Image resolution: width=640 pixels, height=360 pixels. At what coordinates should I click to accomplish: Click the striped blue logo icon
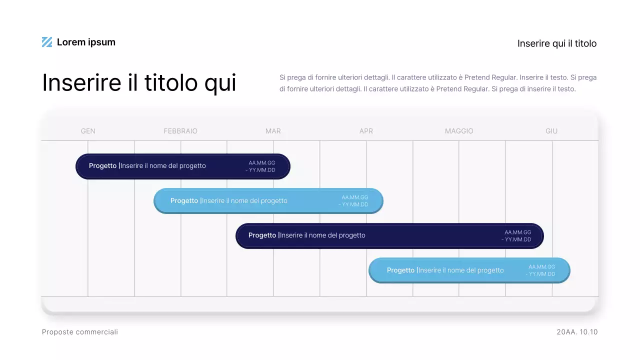pyautogui.click(x=47, y=42)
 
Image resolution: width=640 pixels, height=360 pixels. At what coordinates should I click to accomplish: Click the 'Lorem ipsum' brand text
pyautogui.click(x=86, y=42)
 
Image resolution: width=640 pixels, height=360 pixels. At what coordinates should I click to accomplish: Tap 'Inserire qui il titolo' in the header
pyautogui.click(x=556, y=43)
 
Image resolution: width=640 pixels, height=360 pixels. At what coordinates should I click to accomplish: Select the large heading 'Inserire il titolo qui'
pyautogui.click(x=139, y=82)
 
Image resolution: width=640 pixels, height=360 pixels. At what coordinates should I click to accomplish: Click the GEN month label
pyautogui.click(x=88, y=131)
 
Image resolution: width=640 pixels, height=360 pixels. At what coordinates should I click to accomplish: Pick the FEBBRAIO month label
pyautogui.click(x=180, y=131)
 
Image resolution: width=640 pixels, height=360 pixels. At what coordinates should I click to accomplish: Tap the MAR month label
pyautogui.click(x=273, y=131)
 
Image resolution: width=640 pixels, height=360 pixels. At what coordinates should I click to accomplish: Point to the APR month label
pyautogui.click(x=366, y=131)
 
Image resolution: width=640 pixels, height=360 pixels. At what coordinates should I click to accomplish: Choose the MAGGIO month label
pyautogui.click(x=459, y=131)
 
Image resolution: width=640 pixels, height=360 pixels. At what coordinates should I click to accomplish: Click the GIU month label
pyautogui.click(x=551, y=131)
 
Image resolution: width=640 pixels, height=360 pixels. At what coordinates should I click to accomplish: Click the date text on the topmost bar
pyautogui.click(x=261, y=166)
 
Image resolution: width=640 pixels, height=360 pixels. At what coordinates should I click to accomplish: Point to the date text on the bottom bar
pyautogui.click(x=541, y=270)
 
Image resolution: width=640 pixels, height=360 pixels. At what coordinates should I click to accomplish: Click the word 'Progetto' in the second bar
pyautogui.click(x=184, y=201)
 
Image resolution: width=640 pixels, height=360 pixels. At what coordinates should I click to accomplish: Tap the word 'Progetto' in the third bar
pyautogui.click(x=262, y=235)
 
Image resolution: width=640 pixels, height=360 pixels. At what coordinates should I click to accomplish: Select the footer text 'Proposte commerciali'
pyautogui.click(x=80, y=332)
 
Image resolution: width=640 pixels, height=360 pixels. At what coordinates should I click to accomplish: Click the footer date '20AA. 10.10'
pyautogui.click(x=577, y=332)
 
